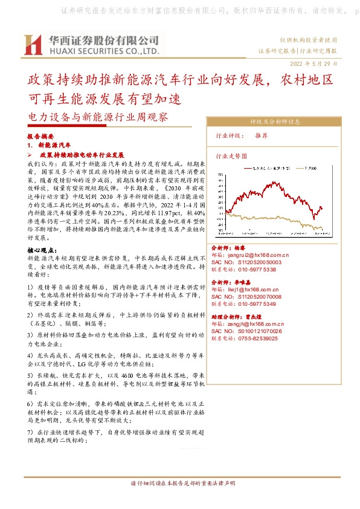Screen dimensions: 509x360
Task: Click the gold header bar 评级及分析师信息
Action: click(275, 121)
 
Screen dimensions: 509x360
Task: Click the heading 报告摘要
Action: click(41, 137)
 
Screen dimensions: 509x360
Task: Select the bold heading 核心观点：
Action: click(43, 250)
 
